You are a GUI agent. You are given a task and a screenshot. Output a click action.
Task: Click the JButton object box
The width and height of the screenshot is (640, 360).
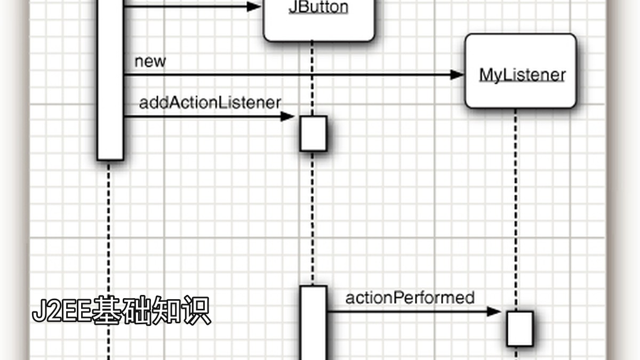319,21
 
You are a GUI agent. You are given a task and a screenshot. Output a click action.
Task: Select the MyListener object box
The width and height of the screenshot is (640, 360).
521,71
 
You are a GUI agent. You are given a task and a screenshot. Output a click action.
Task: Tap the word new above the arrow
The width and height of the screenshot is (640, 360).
150,61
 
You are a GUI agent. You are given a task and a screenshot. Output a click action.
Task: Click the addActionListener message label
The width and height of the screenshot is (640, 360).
210,103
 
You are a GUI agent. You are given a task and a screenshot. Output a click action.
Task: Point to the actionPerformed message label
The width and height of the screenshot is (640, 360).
410,298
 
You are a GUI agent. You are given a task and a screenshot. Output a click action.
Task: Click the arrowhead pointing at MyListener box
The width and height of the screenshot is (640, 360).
457,75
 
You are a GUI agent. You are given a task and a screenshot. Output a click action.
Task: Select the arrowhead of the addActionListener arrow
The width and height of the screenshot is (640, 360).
287,117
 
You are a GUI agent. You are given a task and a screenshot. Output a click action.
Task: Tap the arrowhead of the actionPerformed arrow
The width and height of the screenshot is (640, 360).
494,311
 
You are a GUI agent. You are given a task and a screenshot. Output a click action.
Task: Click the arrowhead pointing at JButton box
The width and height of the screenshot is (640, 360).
254,6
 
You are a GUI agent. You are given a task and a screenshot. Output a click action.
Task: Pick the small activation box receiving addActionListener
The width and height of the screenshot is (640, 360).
314,133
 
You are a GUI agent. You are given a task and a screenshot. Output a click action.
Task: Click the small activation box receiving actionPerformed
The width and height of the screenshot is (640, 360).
520,329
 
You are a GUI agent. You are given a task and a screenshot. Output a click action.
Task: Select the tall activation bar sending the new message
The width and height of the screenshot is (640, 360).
110,80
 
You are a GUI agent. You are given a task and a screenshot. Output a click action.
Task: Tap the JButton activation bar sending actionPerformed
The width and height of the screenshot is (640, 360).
314,323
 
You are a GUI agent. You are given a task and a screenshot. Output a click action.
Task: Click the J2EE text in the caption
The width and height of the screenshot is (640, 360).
62,311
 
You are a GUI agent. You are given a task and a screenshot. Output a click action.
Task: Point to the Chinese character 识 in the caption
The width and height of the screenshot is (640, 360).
197,310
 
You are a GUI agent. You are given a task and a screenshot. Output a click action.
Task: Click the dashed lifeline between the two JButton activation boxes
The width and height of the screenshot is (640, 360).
313,218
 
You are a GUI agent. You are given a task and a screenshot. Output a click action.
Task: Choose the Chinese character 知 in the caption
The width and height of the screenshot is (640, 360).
167,310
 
